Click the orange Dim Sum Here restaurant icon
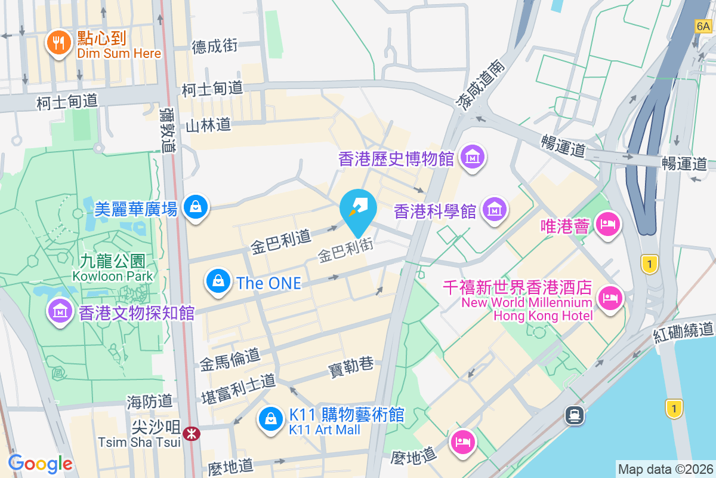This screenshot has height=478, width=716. pyautogui.click(x=58, y=42)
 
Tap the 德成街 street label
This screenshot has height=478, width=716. pyautogui.click(x=215, y=46)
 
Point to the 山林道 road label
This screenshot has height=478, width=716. pyautogui.click(x=208, y=125)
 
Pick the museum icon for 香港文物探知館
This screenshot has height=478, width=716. pyautogui.click(x=60, y=311)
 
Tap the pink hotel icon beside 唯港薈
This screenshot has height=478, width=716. pyautogui.click(x=607, y=225)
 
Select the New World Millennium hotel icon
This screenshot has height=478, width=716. pyautogui.click(x=609, y=297)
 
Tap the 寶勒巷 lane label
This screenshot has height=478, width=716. pyautogui.click(x=351, y=366)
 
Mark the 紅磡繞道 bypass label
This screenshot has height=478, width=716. pyautogui.click(x=683, y=331)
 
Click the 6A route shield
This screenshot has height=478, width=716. pyautogui.click(x=703, y=26)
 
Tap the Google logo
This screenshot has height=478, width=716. pyautogui.click(x=41, y=463)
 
